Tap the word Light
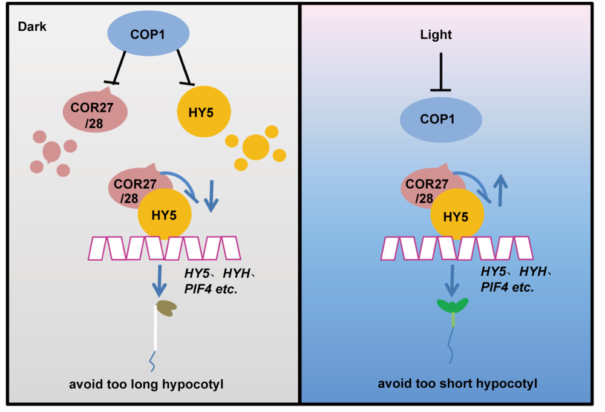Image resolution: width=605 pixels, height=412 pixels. [x=436, y=35]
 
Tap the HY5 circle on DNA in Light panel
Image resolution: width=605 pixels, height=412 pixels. [x=457, y=215]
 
